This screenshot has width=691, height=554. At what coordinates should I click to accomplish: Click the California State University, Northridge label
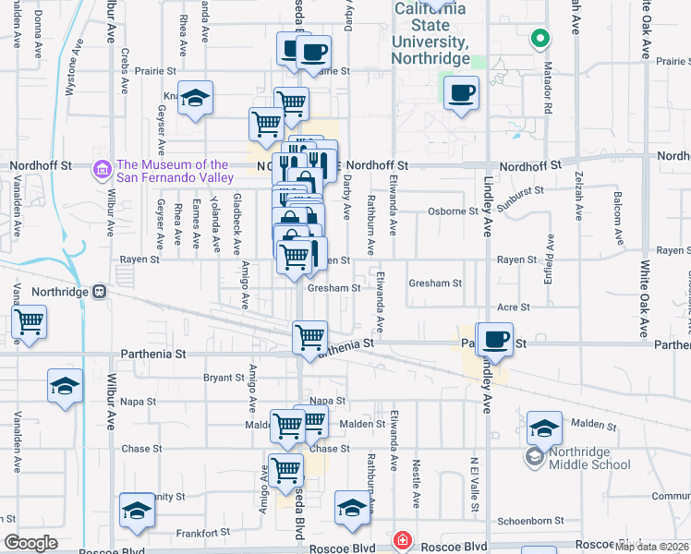[430, 32]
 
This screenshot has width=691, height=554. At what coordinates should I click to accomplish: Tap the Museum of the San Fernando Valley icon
[103, 170]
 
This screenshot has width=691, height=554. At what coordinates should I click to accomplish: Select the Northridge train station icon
[100, 292]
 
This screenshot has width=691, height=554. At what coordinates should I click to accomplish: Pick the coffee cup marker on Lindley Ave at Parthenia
[495, 339]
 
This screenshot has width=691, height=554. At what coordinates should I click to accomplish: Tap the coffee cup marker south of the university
[461, 93]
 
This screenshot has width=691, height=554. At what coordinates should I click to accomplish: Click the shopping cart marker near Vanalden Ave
[29, 322]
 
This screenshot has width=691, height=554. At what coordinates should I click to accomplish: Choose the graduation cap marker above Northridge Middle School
[544, 428]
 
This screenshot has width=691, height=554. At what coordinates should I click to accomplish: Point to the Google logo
[30, 543]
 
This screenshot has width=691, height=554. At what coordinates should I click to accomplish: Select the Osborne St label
[453, 211]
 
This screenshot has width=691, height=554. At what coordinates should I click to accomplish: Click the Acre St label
[513, 307]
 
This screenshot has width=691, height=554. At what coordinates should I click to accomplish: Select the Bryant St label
[223, 378]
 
